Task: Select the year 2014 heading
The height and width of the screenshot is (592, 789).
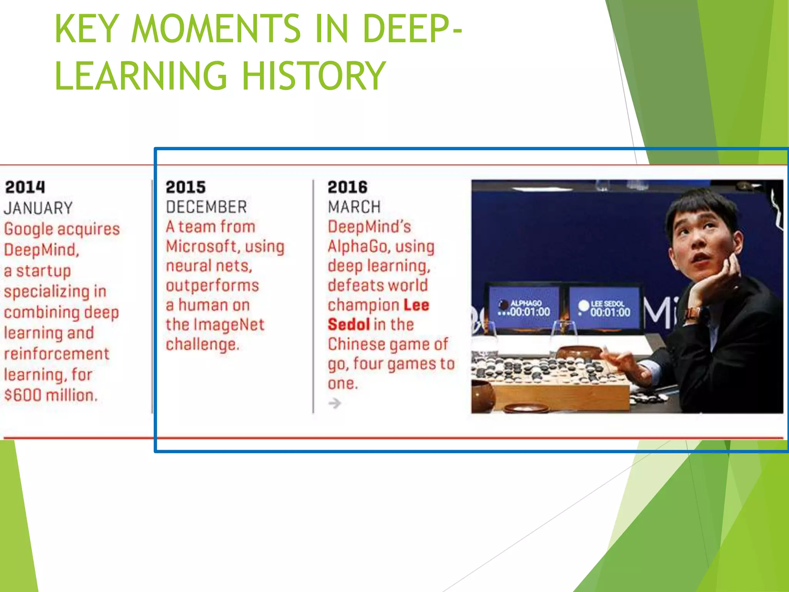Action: point(25,187)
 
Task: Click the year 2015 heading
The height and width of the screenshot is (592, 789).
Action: point(186,187)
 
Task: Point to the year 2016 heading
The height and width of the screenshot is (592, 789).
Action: point(347,187)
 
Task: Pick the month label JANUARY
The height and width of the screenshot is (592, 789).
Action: point(38,208)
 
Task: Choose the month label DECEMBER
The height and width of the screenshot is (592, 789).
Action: point(206,207)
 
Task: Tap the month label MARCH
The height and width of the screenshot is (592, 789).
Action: point(354,207)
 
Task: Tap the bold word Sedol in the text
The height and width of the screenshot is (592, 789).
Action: point(349,325)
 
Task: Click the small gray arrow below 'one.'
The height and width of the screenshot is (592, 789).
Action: point(335,403)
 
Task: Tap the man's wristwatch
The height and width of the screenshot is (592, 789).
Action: point(692,313)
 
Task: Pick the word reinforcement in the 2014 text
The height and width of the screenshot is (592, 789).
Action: point(57,354)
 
